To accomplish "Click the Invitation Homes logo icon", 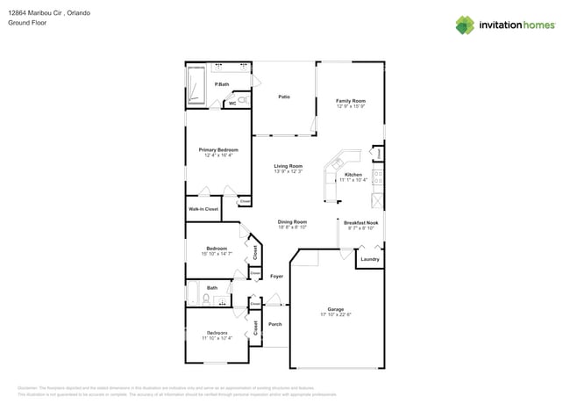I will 467,25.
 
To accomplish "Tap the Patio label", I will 284,97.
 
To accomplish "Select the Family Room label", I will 350,101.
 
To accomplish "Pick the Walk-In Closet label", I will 203,210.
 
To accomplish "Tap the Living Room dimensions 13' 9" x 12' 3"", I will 288,171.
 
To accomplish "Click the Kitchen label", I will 353,175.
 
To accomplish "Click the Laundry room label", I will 369,259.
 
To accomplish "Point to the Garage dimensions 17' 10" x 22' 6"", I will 335,314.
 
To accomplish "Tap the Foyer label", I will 276,277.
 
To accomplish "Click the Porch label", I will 274,324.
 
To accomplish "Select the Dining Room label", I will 292,222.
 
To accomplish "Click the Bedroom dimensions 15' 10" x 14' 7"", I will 217,254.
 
